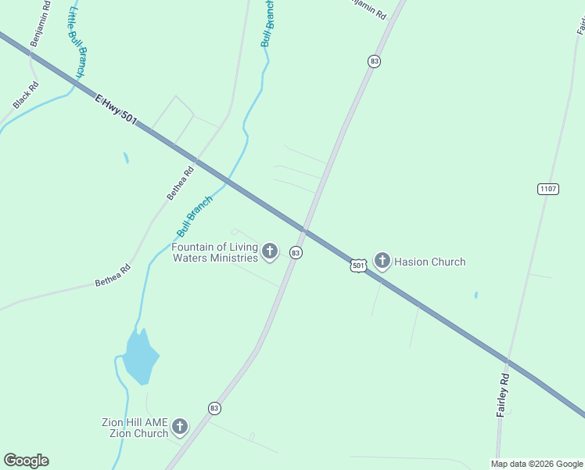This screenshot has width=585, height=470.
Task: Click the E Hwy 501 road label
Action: click(116, 110)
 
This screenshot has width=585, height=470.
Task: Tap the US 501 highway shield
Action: click(357, 266)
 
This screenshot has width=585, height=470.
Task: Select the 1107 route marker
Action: click(548, 189)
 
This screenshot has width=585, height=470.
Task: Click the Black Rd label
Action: click(25, 96)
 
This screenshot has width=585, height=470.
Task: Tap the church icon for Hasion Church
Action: click(382, 261)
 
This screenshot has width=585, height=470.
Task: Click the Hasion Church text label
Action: click(429, 262)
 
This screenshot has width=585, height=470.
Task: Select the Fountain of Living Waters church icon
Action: click(270, 251)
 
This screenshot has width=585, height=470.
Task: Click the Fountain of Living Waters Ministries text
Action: click(214, 252)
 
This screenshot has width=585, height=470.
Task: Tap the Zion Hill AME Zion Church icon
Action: click(180, 427)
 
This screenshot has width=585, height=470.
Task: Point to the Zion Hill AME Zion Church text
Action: click(135, 428)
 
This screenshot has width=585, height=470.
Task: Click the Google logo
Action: click(26, 461)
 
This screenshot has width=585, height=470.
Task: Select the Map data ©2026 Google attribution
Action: click(537, 464)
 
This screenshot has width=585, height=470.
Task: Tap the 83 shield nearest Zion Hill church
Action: click(214, 408)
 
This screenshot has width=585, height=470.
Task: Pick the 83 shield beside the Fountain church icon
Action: click(296, 252)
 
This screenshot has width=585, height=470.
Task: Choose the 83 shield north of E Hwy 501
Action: click(375, 61)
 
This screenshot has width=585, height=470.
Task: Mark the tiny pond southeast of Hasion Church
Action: click(476, 295)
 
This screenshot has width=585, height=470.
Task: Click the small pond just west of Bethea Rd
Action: click(125, 157)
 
